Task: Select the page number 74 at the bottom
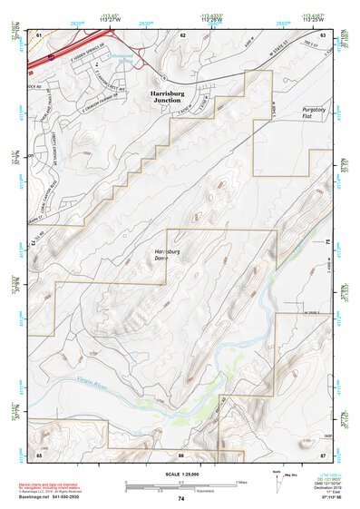coord(180,499)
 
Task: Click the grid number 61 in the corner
coord(39,34)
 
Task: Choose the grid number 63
coord(323,34)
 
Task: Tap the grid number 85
coord(39,452)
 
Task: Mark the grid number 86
coord(181,452)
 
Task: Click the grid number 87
coord(323,452)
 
